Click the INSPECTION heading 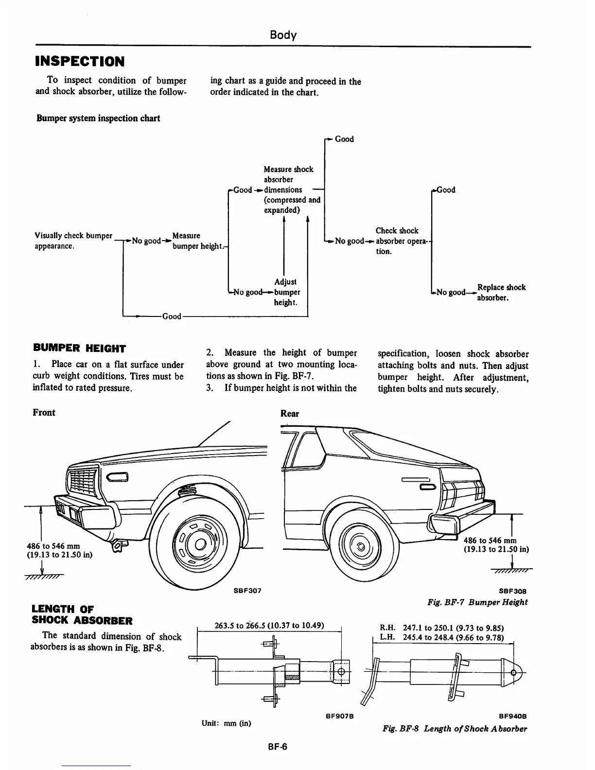pyautogui.click(x=80, y=62)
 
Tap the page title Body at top pyautogui.click(x=283, y=35)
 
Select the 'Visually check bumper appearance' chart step pyautogui.click(x=73, y=241)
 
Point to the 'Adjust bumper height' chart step pyautogui.click(x=286, y=292)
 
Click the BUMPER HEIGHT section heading pyautogui.click(x=79, y=348)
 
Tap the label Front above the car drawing pyautogui.click(x=44, y=413)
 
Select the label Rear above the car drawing pyautogui.click(x=290, y=414)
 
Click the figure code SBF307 pyautogui.click(x=247, y=590)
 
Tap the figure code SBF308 pyautogui.click(x=513, y=592)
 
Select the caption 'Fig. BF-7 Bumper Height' pyautogui.click(x=477, y=602)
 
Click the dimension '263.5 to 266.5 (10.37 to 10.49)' pyautogui.click(x=269, y=625)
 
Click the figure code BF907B pyautogui.click(x=339, y=716)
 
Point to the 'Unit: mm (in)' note pyautogui.click(x=226, y=723)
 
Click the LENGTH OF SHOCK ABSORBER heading pyautogui.click(x=82, y=614)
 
